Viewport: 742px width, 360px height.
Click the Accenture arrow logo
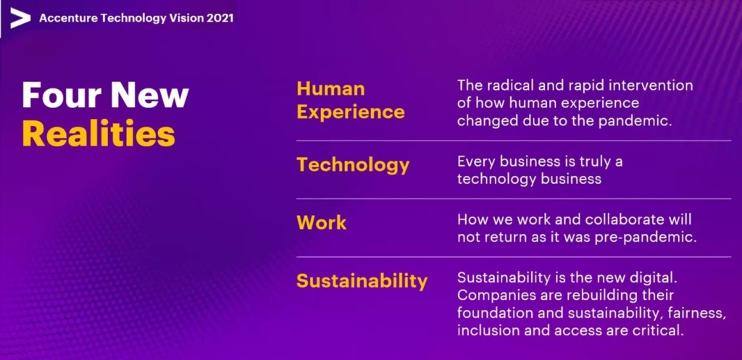click(x=20, y=18)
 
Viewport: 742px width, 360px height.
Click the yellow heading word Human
click(x=330, y=88)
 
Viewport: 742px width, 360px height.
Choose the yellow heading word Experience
click(x=351, y=112)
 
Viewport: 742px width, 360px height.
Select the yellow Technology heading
click(x=353, y=165)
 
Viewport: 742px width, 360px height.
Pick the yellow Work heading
click(x=321, y=223)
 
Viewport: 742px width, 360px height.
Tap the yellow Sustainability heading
click(x=362, y=280)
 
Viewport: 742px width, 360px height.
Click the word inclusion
click(x=484, y=330)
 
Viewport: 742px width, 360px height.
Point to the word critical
click(x=659, y=330)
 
